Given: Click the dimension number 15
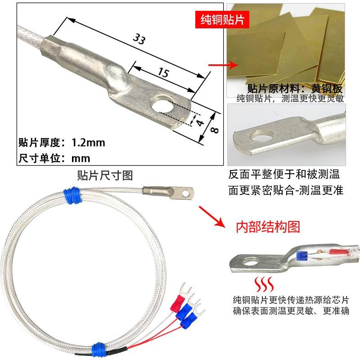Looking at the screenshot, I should pos(163,72).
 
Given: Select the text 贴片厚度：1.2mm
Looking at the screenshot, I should pos(62,143).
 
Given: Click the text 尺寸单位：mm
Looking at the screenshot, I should pos(54,158).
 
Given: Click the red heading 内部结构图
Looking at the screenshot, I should pos(268,226).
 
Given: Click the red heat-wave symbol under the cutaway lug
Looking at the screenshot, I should pos(263,285).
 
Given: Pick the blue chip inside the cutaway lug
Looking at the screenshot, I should pos(302,256).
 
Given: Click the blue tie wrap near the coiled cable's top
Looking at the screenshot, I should pos(72,196).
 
